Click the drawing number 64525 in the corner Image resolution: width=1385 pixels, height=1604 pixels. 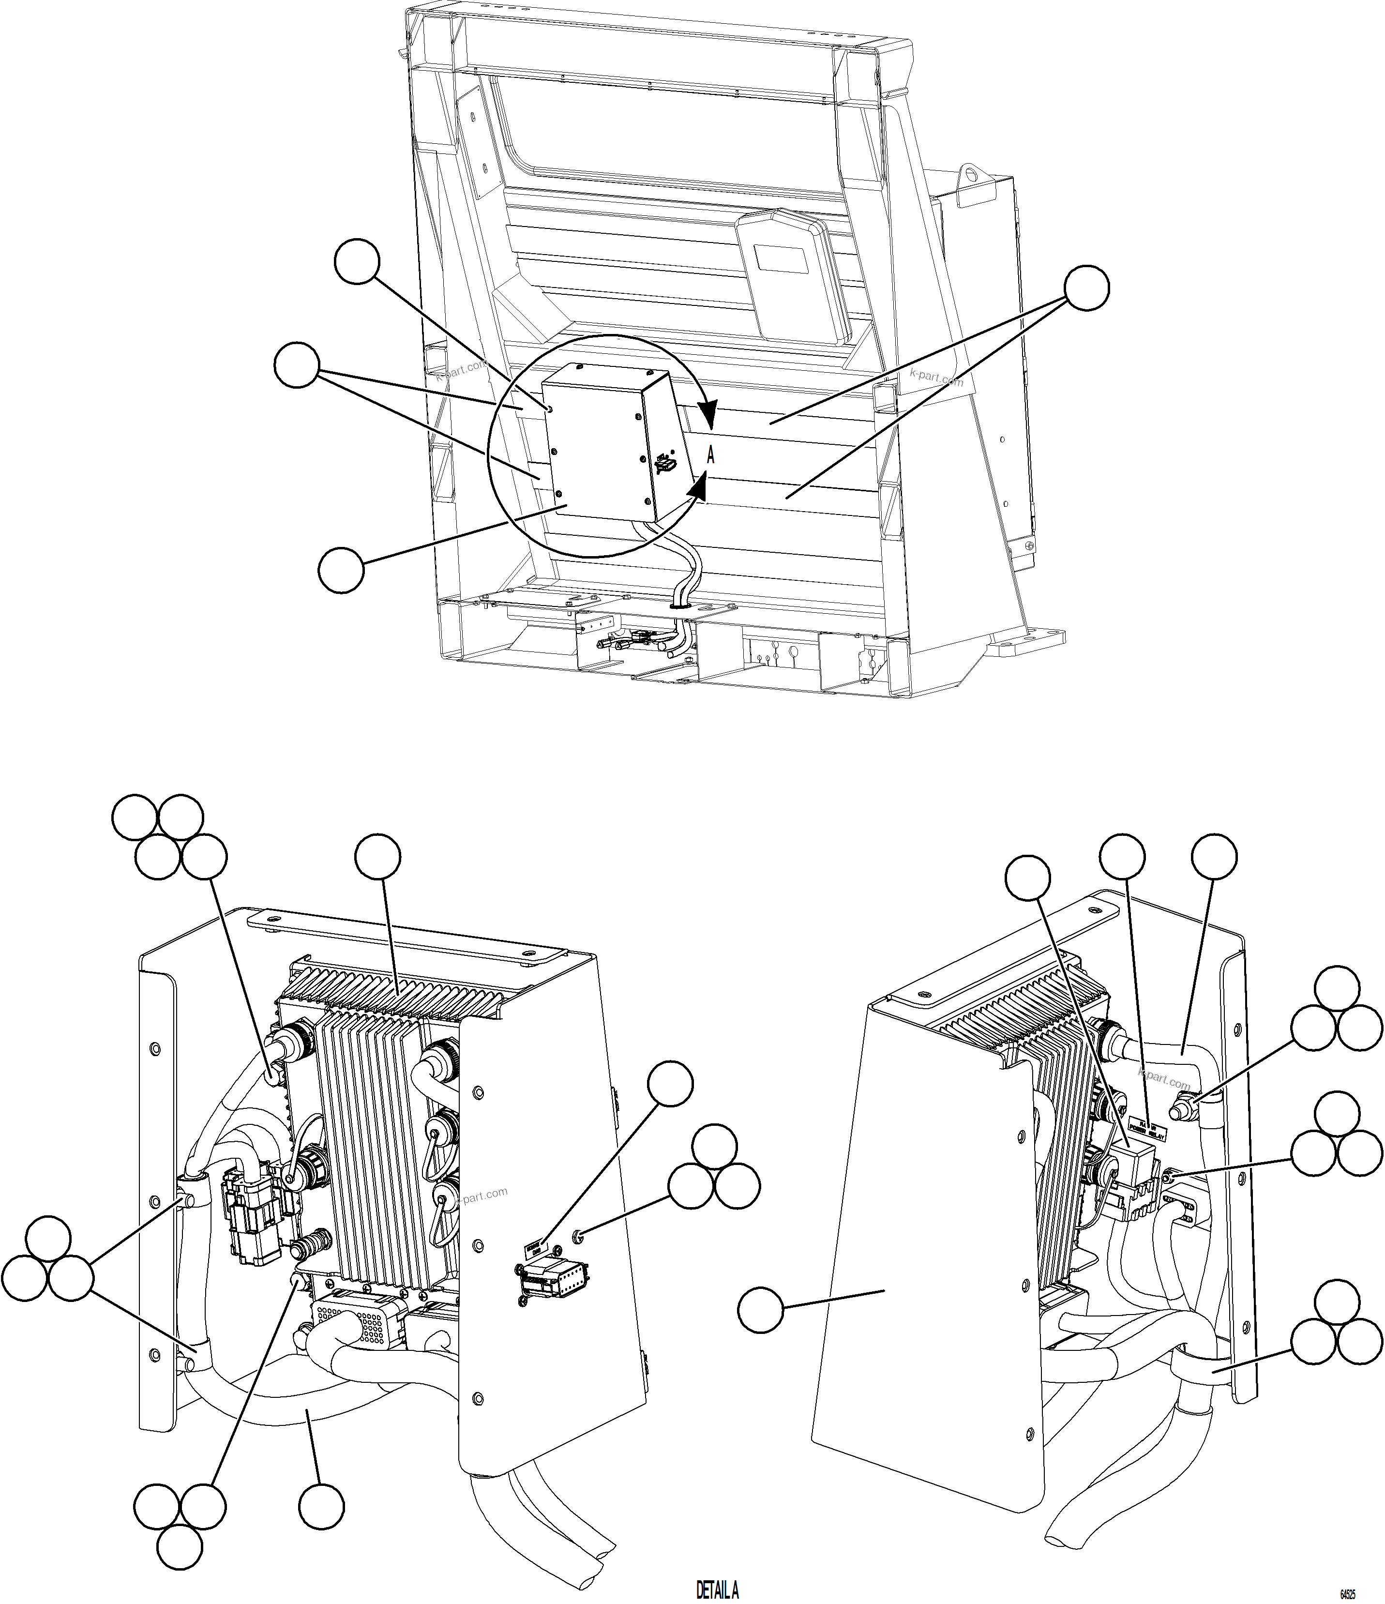point(1349,1594)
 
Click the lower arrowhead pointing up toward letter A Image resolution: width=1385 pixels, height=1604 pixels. point(697,484)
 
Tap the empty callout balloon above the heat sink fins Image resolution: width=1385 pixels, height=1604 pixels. point(378,857)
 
